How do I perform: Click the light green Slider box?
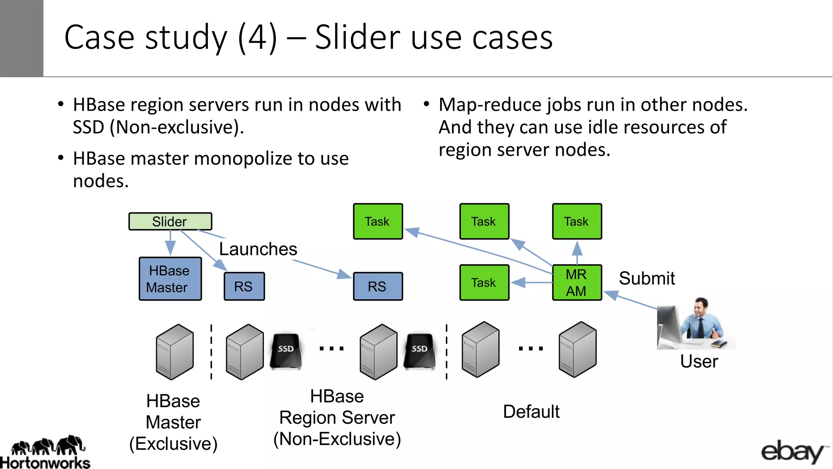coord(170,221)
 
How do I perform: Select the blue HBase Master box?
coord(170,279)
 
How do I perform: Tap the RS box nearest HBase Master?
coord(244,287)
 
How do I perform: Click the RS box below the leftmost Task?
coord(377,287)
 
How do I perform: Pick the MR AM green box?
coord(577,283)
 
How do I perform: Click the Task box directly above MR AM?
coord(577,221)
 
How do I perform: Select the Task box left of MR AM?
coord(484,283)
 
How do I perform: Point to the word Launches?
coord(258,249)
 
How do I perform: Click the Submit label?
coord(647,278)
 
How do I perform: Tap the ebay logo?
coord(793,452)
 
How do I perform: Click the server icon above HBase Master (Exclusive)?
coord(175,352)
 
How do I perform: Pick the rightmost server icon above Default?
coord(578,350)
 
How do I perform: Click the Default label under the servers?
coord(531,412)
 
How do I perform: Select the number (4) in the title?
coord(257,37)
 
